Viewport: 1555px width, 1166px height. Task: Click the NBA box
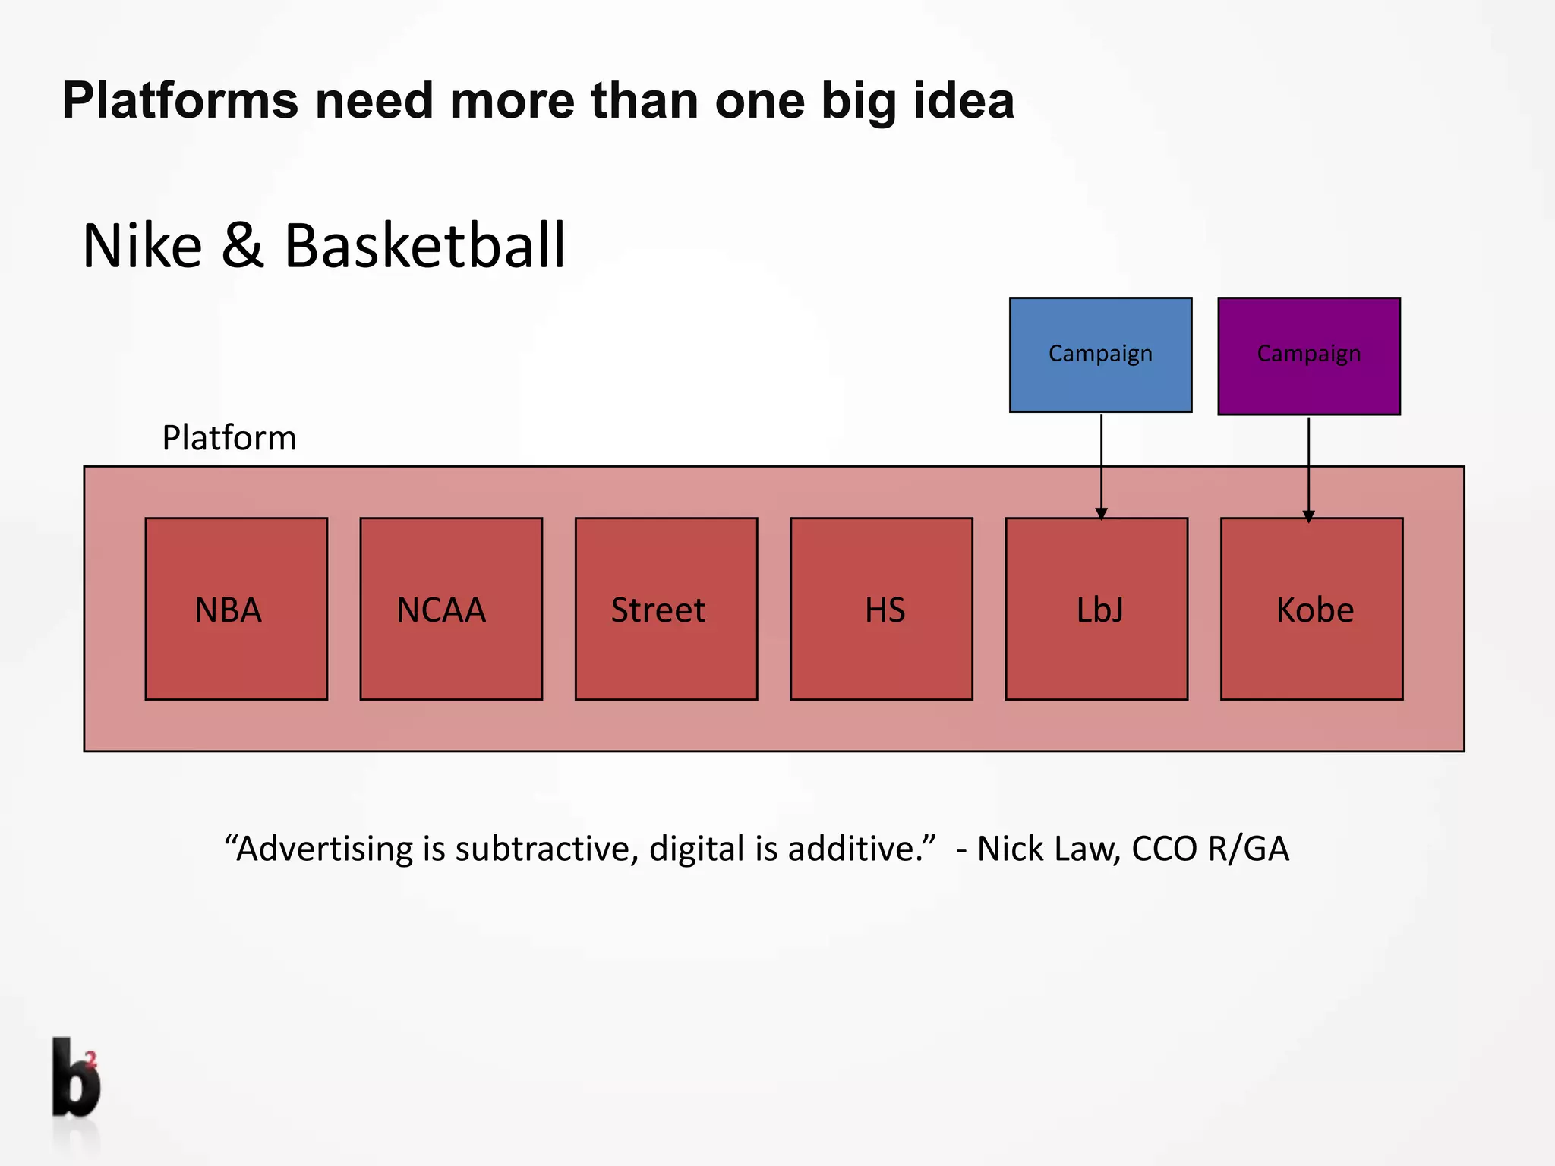(236, 609)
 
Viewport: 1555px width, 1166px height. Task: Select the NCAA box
(451, 609)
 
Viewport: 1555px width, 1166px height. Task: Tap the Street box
(666, 609)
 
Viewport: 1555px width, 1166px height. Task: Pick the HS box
(881, 609)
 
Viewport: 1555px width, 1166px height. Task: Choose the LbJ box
(1096, 609)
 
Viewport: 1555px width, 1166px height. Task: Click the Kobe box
(1311, 609)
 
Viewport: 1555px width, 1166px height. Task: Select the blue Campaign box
(1100, 355)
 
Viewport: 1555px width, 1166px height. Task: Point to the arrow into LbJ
(1101, 467)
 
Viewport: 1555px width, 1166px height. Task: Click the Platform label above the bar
(229, 438)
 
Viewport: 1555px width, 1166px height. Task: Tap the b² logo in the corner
(76, 1078)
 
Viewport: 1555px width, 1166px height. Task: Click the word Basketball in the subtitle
(424, 246)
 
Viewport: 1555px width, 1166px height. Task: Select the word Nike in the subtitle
(142, 246)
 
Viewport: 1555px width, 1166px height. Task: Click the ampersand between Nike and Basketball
(243, 246)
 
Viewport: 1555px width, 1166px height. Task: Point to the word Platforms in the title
(180, 101)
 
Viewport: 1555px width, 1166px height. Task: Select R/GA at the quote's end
(1248, 849)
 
